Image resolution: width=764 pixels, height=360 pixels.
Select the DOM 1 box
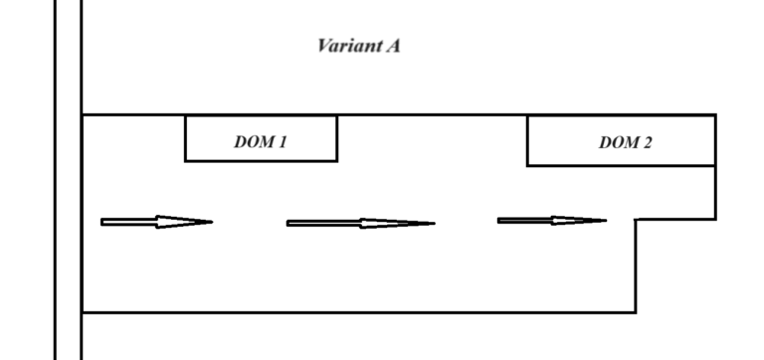[261, 138]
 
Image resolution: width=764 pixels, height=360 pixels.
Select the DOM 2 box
[621, 140]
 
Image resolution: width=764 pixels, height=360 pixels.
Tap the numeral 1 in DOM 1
[283, 142]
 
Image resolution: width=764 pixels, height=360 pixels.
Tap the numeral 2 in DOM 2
[648, 143]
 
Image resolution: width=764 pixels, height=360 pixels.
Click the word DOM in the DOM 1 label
[253, 142]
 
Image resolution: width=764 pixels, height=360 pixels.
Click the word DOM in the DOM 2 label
[617, 143]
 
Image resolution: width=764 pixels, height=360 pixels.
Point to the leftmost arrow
[156, 222]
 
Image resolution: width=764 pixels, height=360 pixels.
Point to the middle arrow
[360, 223]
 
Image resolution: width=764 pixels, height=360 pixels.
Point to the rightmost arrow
[552, 220]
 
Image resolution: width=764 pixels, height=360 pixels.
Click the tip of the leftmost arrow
[212, 222]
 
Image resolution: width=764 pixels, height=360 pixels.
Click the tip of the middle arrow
[435, 223]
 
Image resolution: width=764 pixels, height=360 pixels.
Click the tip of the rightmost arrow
[607, 220]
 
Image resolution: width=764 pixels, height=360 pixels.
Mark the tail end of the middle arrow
[288, 223]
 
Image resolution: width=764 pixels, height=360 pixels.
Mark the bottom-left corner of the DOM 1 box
[186, 160]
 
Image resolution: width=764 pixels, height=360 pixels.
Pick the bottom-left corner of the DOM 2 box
[527, 165]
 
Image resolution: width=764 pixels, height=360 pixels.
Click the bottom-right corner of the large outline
[636, 312]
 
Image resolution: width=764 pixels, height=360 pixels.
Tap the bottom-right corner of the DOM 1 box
[337, 160]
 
